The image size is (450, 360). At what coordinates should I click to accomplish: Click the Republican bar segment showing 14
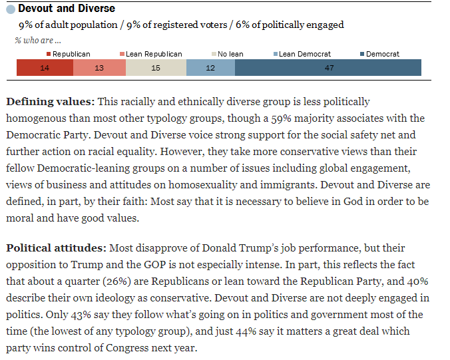pyautogui.click(x=45, y=67)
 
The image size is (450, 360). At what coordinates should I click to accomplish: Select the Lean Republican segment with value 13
pyautogui.click(x=99, y=67)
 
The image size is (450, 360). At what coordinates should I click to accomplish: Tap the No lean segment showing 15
pyautogui.click(x=156, y=67)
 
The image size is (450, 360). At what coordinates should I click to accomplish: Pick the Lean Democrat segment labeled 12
pyautogui.click(x=210, y=67)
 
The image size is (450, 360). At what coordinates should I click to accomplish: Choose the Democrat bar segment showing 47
pyautogui.click(x=328, y=67)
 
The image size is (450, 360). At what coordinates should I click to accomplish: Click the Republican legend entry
pyautogui.click(x=68, y=54)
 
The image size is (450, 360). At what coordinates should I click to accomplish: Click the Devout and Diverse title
pyautogui.click(x=67, y=9)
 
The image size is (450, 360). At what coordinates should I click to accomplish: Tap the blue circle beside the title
pyautogui.click(x=11, y=9)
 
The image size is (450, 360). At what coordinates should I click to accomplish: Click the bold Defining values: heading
pyautogui.click(x=51, y=102)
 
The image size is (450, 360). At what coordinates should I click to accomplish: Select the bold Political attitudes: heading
pyautogui.click(x=56, y=248)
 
